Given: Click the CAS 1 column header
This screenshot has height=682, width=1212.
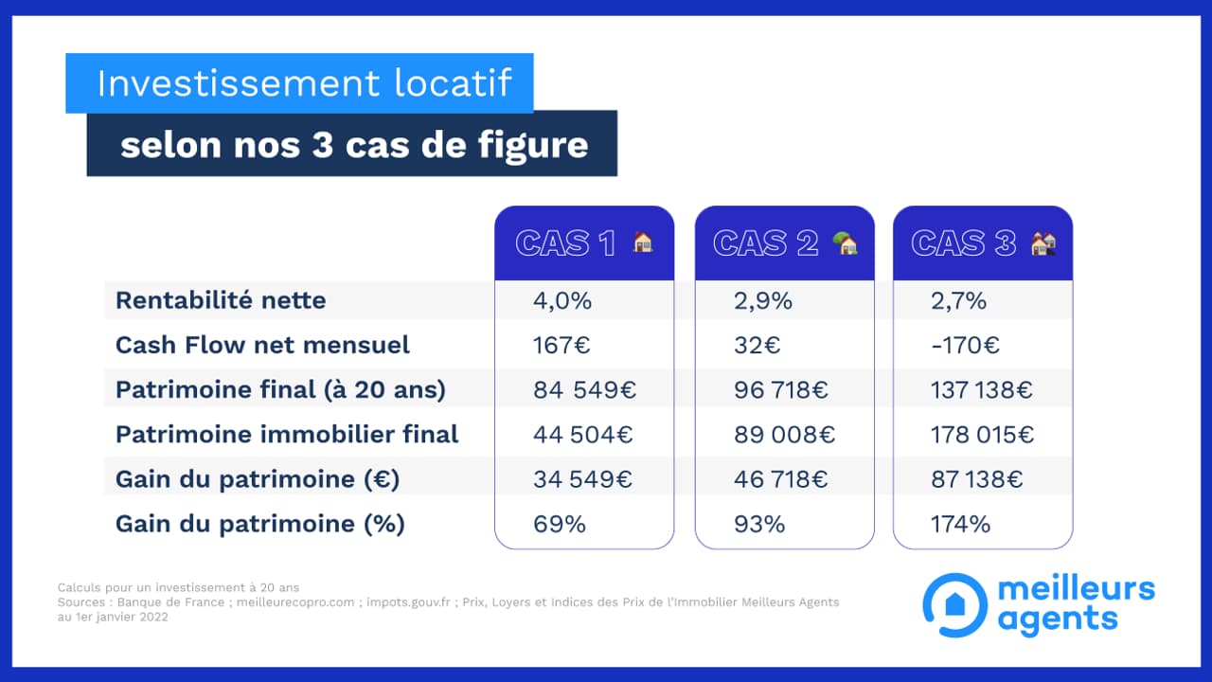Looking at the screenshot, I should coord(584,243).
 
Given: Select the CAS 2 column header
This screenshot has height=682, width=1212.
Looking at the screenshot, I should coord(784,243).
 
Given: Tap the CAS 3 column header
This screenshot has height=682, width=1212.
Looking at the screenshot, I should coord(983,243).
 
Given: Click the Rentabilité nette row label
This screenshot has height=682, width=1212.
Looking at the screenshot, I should coord(221,300).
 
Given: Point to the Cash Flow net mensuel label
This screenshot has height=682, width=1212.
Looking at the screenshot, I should coord(262,345).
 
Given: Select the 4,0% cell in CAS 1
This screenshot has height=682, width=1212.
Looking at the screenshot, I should coord(561,300).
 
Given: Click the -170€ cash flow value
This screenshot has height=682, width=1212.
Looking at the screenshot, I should coord(965,345).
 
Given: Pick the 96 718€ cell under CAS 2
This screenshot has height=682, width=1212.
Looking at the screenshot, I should coord(780,389).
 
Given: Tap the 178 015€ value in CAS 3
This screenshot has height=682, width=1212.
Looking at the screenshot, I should coord(983,434).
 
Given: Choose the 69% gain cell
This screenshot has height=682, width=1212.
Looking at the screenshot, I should coord(559,524).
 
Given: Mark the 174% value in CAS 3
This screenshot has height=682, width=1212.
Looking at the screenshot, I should coord(960,524).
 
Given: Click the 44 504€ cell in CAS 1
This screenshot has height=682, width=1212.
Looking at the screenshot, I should coord(582,434).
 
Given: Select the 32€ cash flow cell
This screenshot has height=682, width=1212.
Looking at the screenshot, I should coord(757,345).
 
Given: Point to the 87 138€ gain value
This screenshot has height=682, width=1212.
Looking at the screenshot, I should coord(977,479).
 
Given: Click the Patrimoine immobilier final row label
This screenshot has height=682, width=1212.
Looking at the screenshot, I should coord(287,434).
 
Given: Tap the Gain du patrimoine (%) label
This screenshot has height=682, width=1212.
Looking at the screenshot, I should coord(259,524).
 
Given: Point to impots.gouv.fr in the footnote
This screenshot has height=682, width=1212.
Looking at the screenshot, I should coord(409,601).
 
